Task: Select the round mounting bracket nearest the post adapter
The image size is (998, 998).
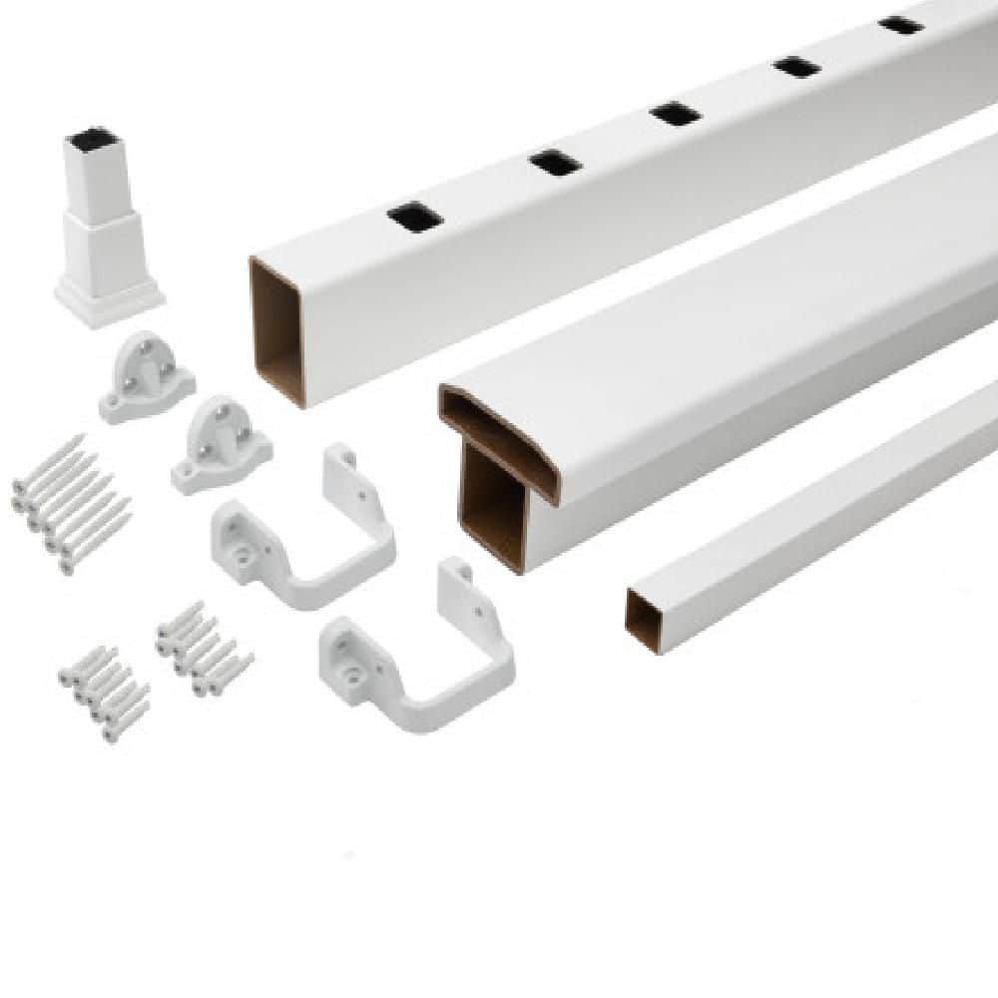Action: point(147,377)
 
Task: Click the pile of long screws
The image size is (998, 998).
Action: point(70,505)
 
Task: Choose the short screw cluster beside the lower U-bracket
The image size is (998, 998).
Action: point(204,648)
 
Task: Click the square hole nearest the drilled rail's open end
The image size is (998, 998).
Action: point(411,217)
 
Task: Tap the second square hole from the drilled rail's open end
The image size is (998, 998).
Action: point(556,162)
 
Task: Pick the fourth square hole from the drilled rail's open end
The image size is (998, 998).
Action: point(798,67)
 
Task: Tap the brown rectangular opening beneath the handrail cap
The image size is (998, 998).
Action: point(493,505)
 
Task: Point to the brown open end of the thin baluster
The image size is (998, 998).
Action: point(645,619)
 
